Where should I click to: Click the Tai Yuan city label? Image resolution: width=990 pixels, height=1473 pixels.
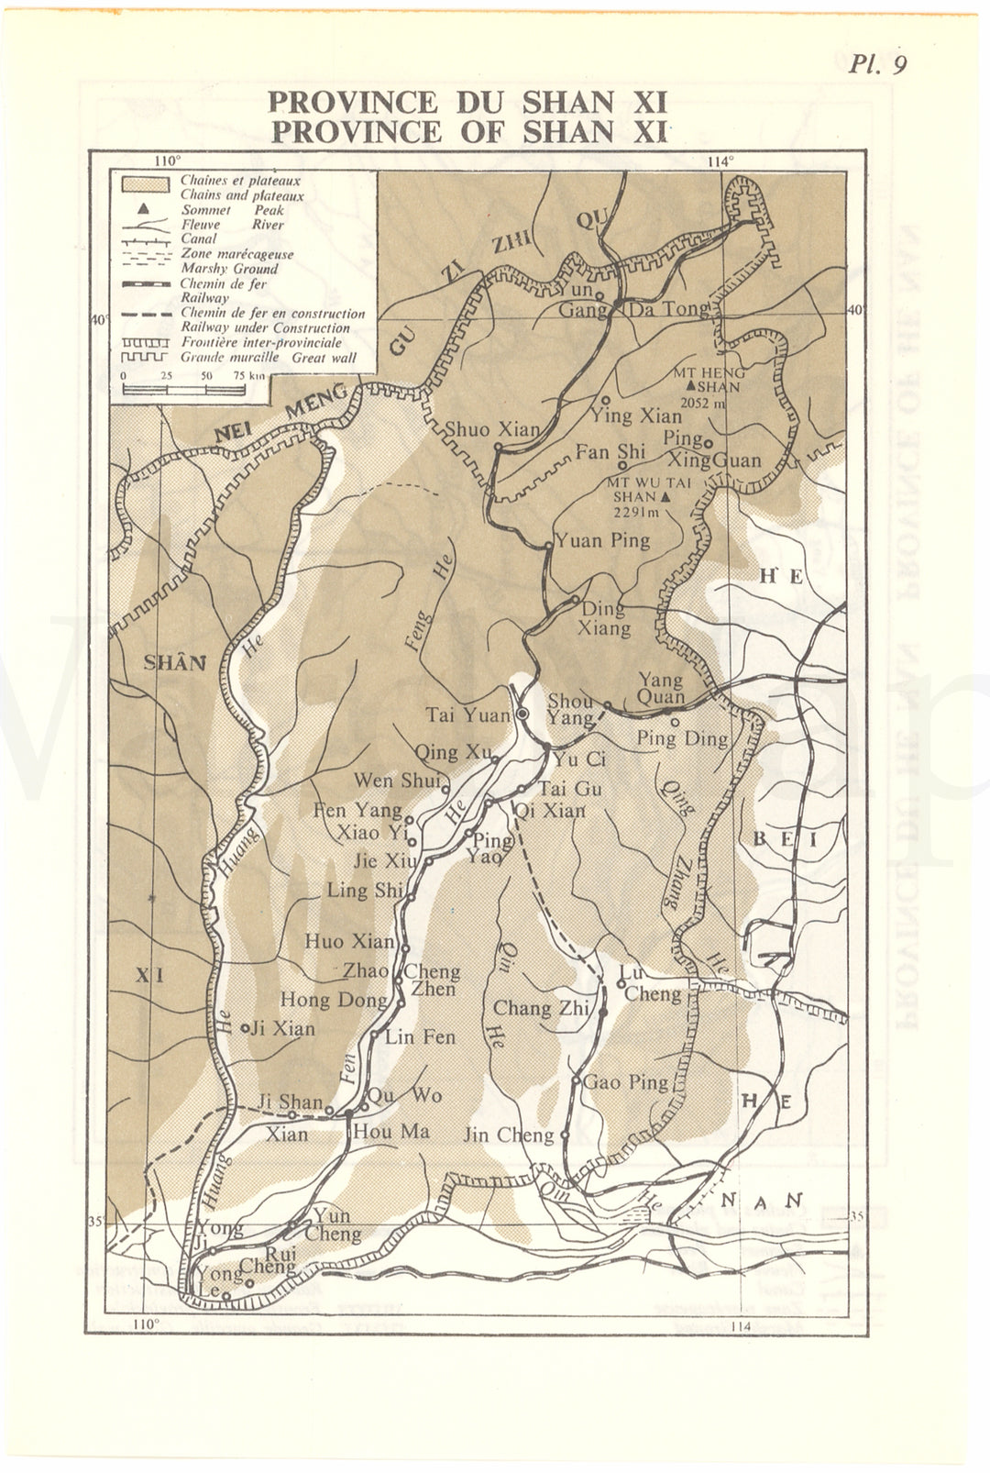point(467,714)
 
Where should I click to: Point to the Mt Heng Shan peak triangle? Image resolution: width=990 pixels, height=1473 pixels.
point(702,387)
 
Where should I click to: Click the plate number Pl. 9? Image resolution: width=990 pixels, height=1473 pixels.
point(877,63)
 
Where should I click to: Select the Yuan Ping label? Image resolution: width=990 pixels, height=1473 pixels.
point(603,539)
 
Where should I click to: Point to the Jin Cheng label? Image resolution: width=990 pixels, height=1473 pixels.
point(509,1135)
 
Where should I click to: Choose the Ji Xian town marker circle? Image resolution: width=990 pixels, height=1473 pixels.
point(245,1028)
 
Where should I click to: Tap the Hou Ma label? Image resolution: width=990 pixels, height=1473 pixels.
point(390,1131)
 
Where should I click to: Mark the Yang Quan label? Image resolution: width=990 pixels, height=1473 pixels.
point(661,688)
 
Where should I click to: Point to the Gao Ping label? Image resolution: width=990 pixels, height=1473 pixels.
point(626,1081)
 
